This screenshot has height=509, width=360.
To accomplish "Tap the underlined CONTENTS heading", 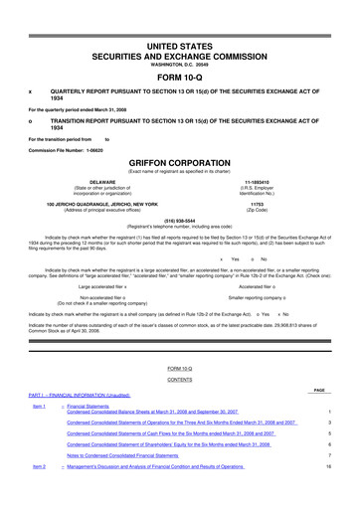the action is (x=179, y=381).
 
